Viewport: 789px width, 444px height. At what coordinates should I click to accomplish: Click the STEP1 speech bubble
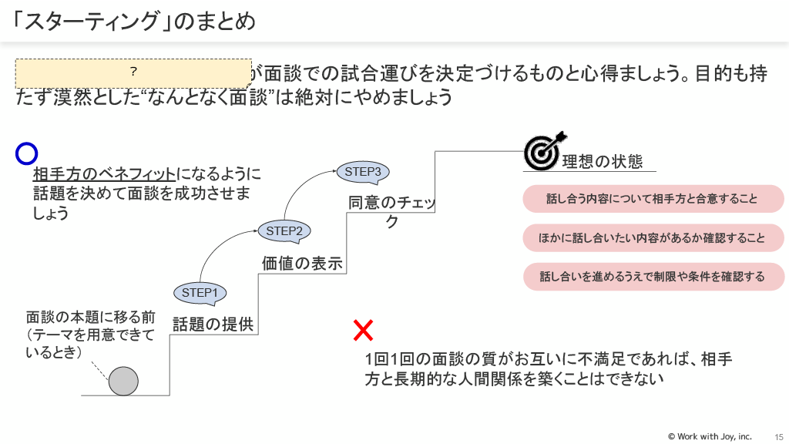(x=200, y=292)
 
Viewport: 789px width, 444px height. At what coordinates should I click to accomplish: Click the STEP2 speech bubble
(x=284, y=230)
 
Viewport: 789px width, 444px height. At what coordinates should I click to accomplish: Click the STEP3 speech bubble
(x=362, y=172)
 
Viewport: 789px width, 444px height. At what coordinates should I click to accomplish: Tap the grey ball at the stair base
(x=123, y=381)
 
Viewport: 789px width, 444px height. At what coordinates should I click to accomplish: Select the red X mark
(x=363, y=331)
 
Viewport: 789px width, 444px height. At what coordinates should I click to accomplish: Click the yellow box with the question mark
(x=134, y=72)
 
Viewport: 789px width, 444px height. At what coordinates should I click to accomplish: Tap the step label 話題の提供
(x=213, y=324)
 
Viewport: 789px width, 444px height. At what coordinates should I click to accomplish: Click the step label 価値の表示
(x=302, y=263)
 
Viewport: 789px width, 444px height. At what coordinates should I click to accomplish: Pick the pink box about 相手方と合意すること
(x=652, y=199)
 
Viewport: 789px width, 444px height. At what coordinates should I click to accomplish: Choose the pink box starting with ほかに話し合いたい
(x=652, y=238)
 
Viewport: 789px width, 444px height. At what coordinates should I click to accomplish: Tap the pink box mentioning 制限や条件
(x=652, y=277)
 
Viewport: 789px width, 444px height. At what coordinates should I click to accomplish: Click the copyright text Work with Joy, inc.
(x=710, y=436)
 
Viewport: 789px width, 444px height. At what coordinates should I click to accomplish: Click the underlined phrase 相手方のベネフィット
(x=105, y=173)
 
